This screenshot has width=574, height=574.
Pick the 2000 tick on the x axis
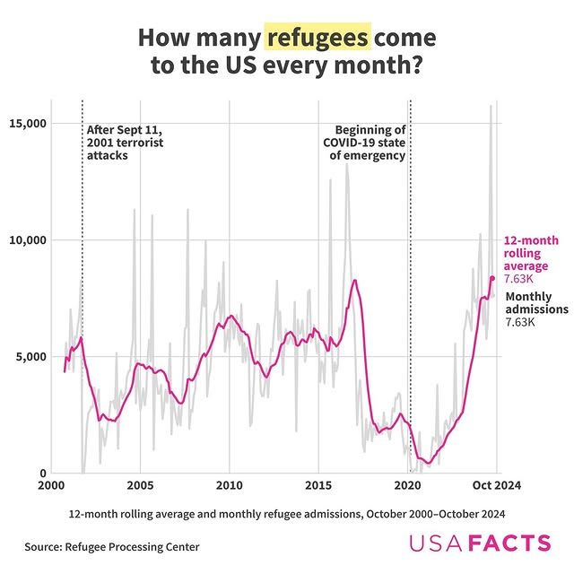point(50,486)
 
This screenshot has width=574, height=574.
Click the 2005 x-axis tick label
point(140,486)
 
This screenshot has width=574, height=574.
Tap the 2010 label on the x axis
point(229,486)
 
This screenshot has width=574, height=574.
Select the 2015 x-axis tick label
point(318,486)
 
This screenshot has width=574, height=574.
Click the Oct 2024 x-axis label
point(497,486)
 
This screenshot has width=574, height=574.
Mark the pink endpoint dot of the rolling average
point(491,278)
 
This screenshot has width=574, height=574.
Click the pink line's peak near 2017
point(355,281)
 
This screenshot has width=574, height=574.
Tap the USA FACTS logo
point(480,544)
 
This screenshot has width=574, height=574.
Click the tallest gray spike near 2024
point(491,107)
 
